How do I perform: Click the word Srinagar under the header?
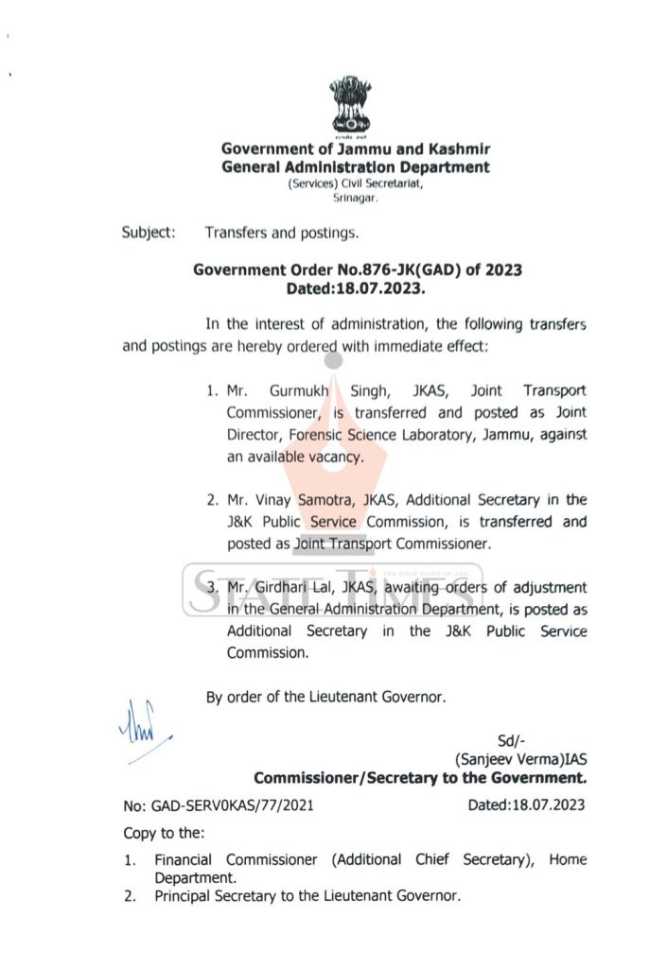coord(356,199)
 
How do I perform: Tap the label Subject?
coord(149,232)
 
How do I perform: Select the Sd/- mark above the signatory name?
coord(512,740)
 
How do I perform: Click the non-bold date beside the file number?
coord(526,805)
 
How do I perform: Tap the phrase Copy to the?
coord(169,835)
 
